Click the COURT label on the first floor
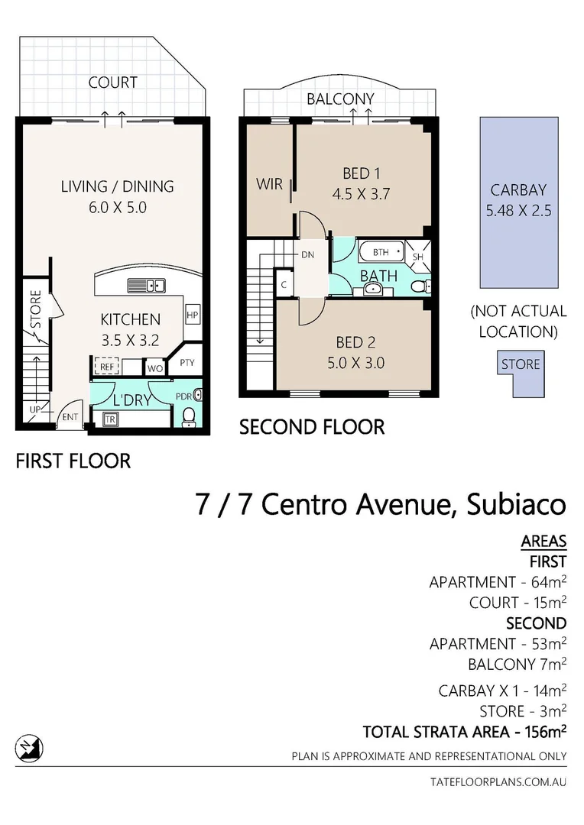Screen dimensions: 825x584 tap(112, 82)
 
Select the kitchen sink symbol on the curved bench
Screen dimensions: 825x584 tap(146, 286)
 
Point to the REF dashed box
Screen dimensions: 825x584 tap(106, 367)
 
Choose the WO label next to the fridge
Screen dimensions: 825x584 tap(155, 368)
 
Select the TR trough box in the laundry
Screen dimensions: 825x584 tap(110, 419)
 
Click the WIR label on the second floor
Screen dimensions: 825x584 tap(269, 184)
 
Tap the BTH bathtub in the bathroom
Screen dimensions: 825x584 tap(379, 251)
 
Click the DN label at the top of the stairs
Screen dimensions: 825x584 tap(308, 255)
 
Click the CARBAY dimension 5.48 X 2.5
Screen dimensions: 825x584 tap(517, 210)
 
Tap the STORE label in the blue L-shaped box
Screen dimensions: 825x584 tap(521, 364)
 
